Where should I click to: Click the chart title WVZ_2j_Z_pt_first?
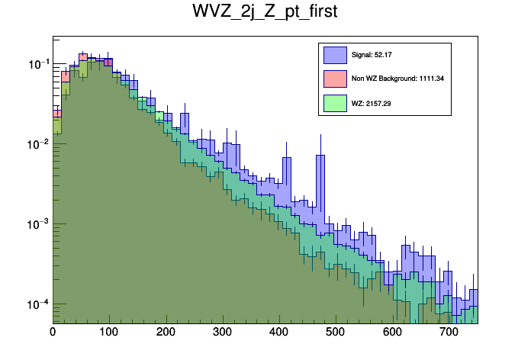(x=265, y=13)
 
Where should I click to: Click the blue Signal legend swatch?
(x=335, y=55)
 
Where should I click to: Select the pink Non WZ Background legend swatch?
(x=335, y=79)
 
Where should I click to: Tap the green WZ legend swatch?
(x=335, y=102)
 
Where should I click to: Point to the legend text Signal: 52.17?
(x=372, y=55)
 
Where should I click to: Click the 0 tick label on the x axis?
(x=53, y=333)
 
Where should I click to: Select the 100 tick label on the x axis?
(x=109, y=333)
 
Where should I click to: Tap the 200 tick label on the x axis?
(x=166, y=333)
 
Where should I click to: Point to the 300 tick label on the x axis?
(x=222, y=333)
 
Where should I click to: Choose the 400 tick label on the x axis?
(x=279, y=333)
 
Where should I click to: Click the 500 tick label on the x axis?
(x=336, y=333)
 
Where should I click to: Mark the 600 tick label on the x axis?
(x=392, y=333)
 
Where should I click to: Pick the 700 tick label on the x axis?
(x=449, y=333)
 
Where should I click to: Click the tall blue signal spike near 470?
(x=320, y=183)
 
